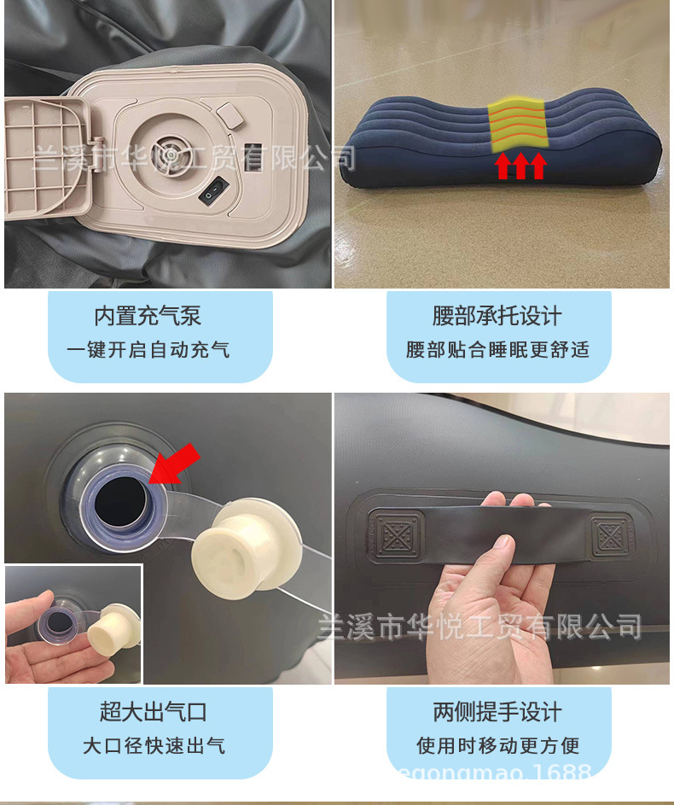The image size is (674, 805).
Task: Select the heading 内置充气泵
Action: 148,316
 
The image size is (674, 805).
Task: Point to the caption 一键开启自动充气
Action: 148,350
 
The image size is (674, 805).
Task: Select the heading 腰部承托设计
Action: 497,316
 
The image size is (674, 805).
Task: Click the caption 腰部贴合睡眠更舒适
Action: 497,350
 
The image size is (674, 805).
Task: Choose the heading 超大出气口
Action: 153,712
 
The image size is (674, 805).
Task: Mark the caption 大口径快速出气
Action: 154,745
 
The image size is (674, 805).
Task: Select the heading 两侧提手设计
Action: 497,712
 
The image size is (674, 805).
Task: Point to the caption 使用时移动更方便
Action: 498,745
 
